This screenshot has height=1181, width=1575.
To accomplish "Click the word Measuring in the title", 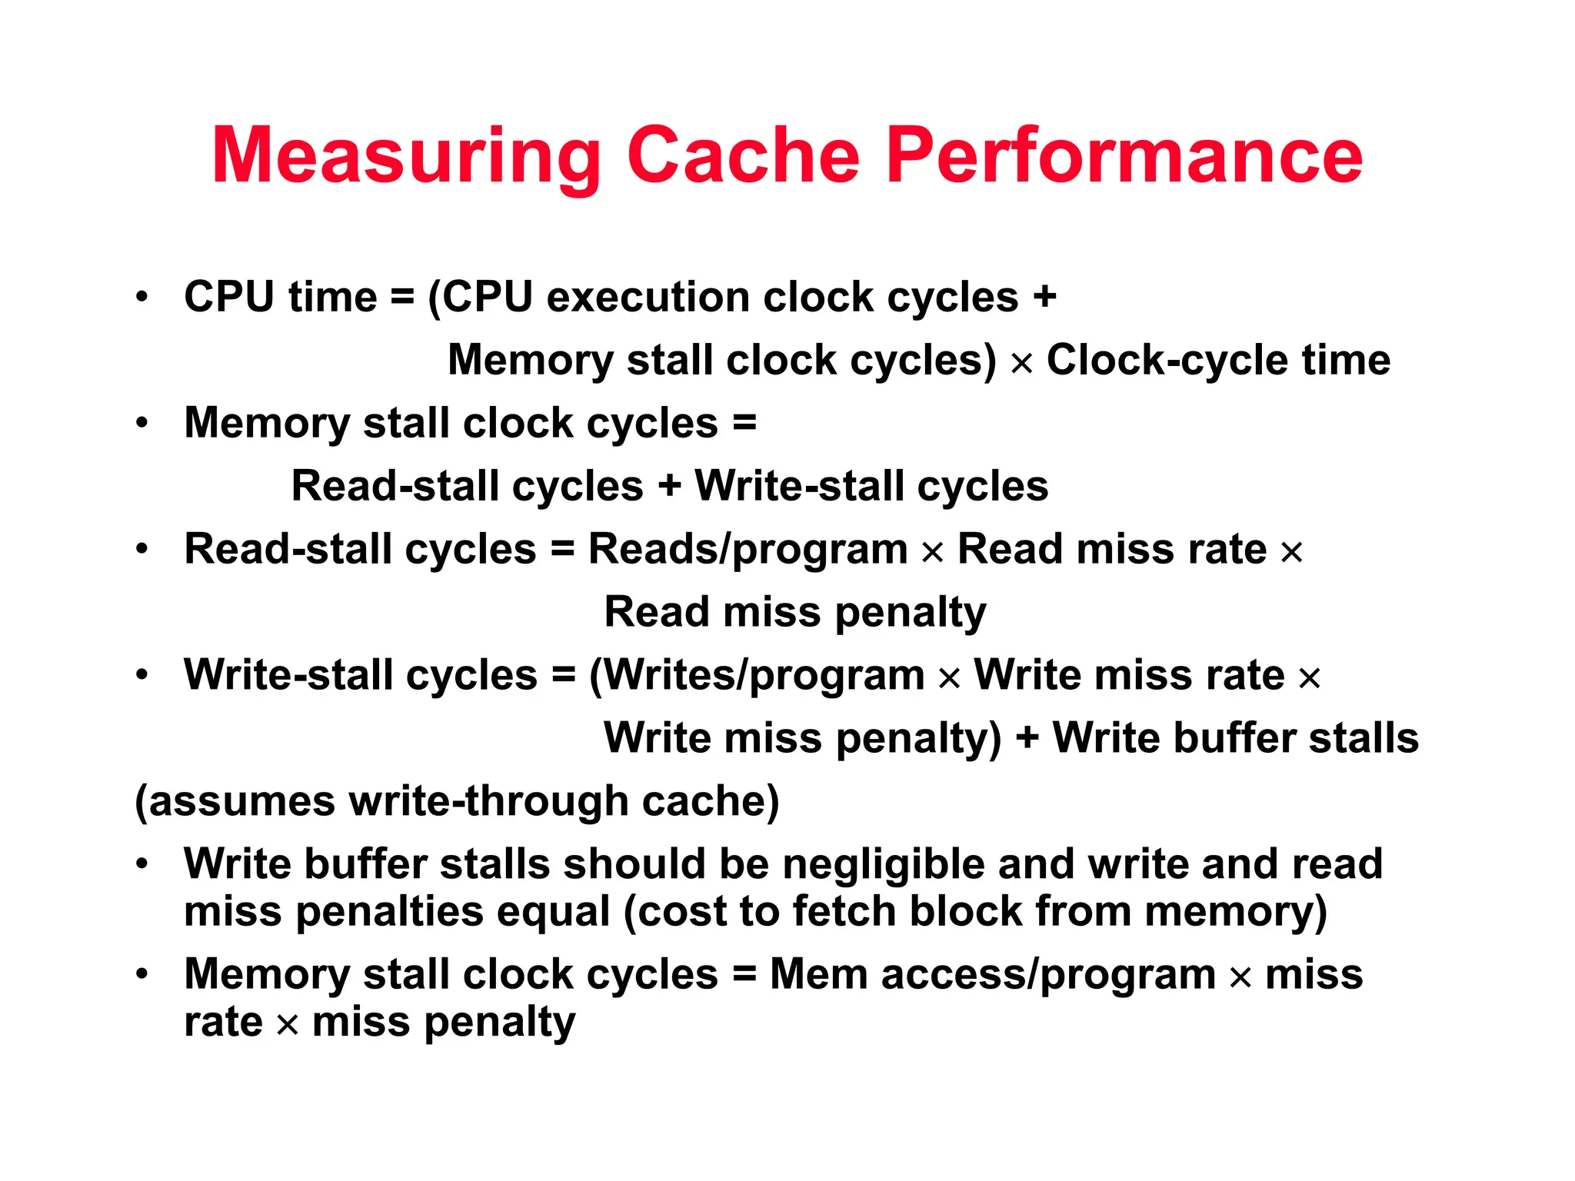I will click(406, 156).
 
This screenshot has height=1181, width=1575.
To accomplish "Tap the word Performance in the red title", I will click(1124, 156).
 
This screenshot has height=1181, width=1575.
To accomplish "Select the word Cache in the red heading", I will click(743, 156).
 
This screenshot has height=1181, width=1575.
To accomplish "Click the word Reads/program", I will click(748, 551).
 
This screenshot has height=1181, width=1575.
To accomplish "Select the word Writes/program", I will click(757, 677).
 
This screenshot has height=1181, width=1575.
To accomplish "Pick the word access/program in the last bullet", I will click(1048, 975).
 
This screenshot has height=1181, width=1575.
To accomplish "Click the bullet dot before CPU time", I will click(142, 297).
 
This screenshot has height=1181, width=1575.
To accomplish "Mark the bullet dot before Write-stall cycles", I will click(142, 675).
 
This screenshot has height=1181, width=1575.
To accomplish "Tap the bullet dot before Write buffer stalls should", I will click(142, 864).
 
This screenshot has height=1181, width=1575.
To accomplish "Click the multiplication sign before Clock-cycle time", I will click(1021, 363).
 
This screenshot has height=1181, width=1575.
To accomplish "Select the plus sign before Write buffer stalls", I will click(1027, 740).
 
